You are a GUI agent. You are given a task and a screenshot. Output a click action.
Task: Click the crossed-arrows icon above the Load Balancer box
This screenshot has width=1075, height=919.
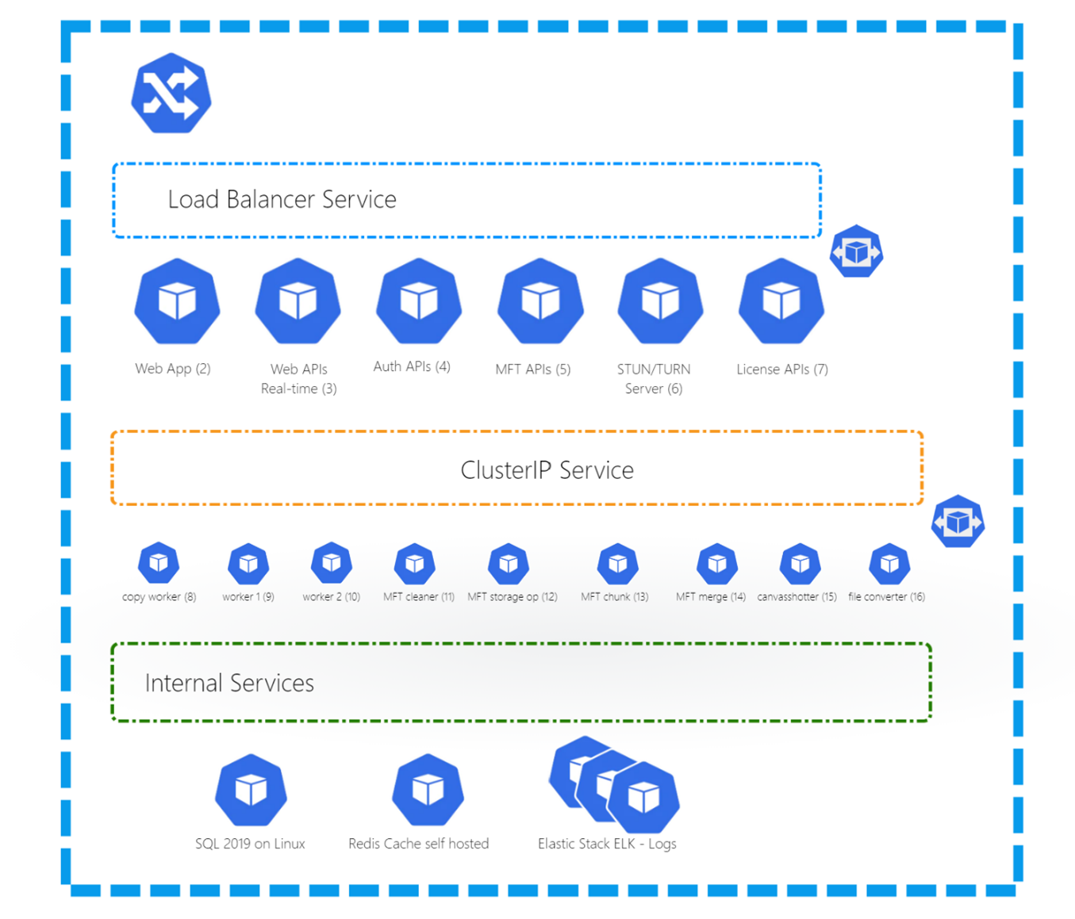tap(171, 94)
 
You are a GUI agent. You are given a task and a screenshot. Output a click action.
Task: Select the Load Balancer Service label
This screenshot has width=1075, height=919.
tap(282, 199)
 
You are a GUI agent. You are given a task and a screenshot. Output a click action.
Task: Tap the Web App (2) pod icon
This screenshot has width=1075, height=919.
tap(177, 301)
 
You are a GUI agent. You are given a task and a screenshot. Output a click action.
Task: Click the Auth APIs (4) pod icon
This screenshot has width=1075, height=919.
tap(418, 301)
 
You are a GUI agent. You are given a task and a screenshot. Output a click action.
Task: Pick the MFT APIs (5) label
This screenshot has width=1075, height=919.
tap(532, 369)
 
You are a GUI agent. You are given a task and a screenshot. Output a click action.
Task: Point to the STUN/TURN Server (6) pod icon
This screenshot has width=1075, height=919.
tap(660, 301)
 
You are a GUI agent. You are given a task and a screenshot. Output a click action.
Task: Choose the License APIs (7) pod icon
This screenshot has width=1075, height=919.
tap(781, 301)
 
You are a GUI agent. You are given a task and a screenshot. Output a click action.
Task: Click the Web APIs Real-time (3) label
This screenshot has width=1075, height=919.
tap(298, 378)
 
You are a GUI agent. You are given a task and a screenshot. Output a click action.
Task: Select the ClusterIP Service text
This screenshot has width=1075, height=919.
tap(547, 469)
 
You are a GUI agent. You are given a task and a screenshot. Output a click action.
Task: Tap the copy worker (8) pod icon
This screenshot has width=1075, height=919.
tap(159, 563)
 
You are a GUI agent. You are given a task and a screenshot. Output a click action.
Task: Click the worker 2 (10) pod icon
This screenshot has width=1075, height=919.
tap(331, 563)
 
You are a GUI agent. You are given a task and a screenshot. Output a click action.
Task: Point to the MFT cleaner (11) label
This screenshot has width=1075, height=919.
tap(418, 596)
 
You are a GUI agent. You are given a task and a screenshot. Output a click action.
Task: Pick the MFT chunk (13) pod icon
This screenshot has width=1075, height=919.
tap(617, 564)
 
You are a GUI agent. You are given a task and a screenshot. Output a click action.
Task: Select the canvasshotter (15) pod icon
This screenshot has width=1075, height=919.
tap(800, 564)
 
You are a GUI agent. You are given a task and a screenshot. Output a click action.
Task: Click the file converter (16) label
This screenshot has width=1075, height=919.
tap(886, 596)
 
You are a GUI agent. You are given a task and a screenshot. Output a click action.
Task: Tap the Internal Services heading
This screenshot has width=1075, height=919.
tap(229, 683)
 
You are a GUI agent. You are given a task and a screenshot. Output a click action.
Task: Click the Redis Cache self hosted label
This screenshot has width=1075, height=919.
tap(418, 844)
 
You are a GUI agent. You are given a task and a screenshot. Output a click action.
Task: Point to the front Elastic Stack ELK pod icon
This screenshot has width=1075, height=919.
tap(643, 798)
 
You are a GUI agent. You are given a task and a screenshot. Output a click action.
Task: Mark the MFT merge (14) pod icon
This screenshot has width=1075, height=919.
tap(716, 564)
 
